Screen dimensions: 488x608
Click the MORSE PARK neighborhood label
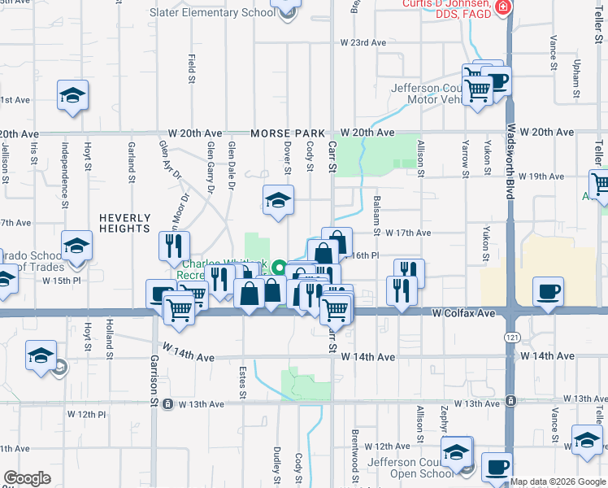click(x=288, y=133)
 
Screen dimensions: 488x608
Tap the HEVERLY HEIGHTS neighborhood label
click(x=125, y=223)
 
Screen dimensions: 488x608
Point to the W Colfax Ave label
click(x=463, y=312)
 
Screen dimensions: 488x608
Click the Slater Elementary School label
click(x=212, y=12)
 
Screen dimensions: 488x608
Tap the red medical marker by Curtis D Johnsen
click(x=504, y=8)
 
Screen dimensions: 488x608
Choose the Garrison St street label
click(x=153, y=380)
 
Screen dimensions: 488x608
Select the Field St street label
click(x=192, y=68)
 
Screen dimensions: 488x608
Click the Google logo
click(x=27, y=478)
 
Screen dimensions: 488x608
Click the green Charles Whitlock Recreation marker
click(x=278, y=267)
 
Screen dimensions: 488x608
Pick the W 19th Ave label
click(x=542, y=176)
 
